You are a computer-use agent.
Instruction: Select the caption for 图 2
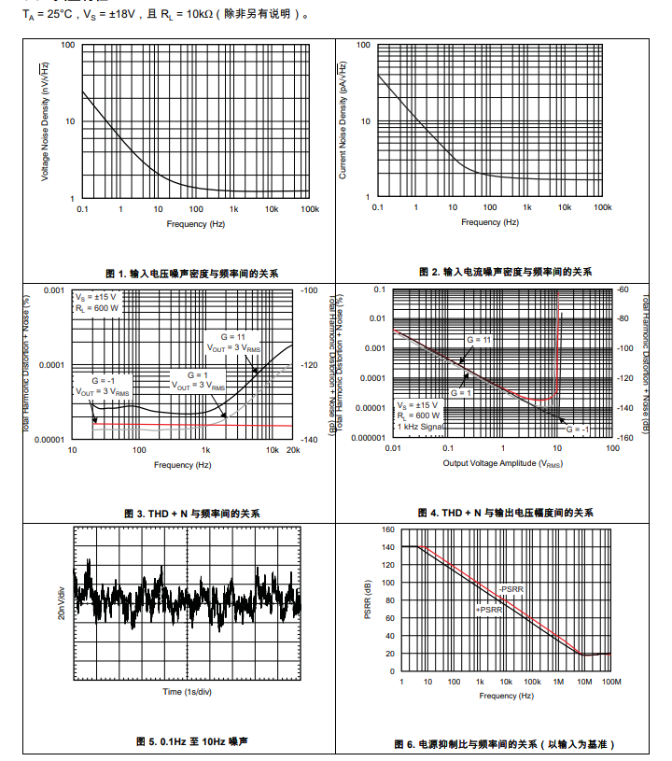[505, 272]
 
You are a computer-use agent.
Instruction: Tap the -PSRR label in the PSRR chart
[510, 589]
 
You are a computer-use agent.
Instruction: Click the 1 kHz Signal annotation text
[420, 426]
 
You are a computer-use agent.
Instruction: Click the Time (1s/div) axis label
[187, 692]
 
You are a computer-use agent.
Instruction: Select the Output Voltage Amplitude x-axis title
[502, 464]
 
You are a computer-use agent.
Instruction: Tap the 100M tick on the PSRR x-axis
[611, 682]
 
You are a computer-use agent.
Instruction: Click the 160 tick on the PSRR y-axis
[388, 529]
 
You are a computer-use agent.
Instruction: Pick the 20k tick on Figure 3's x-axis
[292, 450]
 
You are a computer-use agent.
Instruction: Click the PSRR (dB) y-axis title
[368, 601]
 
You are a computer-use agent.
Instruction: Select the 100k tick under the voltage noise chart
[310, 208]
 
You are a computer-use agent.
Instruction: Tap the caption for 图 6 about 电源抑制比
[504, 743]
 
